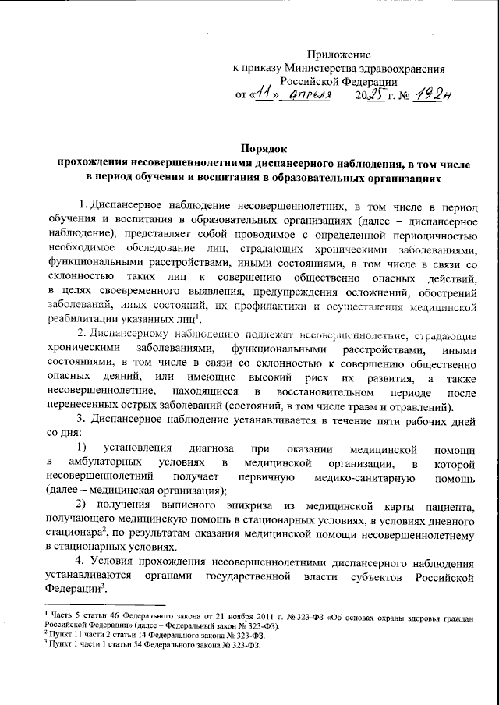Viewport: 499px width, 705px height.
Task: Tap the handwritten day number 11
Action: point(267,94)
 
